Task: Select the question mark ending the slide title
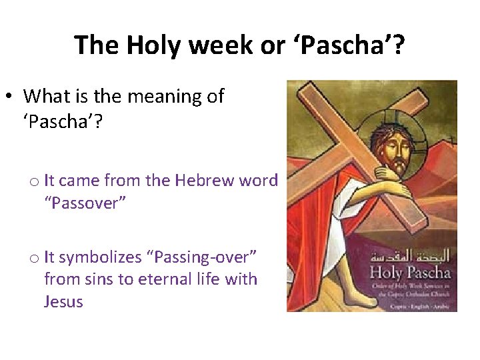point(398,45)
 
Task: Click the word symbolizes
point(99,257)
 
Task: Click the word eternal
point(161,279)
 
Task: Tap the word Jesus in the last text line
point(63,301)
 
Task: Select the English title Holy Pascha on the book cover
point(410,271)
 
